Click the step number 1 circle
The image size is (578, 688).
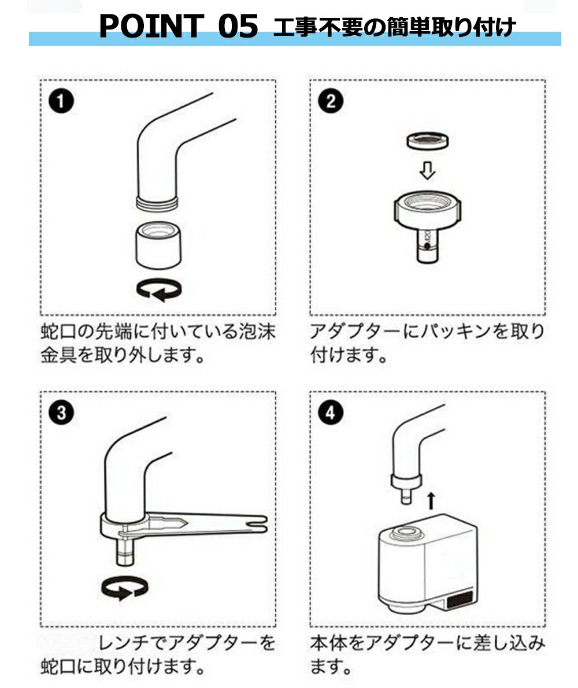click(61, 101)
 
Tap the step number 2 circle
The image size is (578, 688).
click(331, 101)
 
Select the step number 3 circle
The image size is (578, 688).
click(61, 413)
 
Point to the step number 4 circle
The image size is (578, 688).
click(331, 413)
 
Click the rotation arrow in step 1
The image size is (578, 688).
click(159, 289)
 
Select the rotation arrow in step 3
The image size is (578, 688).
click(124, 589)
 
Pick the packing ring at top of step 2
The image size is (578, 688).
click(428, 142)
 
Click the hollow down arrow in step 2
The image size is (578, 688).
click(428, 170)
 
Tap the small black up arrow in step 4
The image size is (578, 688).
click(431, 501)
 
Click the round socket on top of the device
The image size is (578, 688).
click(407, 532)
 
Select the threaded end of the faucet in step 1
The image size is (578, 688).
click(158, 203)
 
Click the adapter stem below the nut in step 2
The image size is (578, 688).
click(428, 246)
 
